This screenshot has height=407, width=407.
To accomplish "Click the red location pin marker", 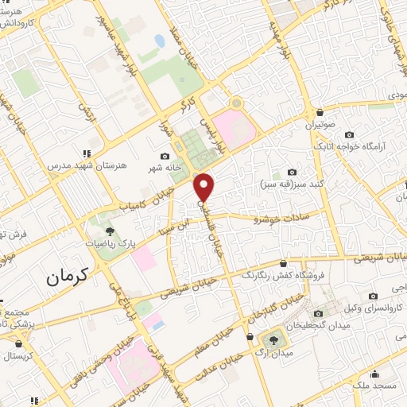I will [x=205, y=186].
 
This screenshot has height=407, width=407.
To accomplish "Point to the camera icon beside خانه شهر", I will [x=165, y=156].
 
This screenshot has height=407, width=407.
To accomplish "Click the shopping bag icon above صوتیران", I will [x=319, y=112].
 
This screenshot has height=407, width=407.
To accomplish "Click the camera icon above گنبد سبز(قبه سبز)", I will [x=292, y=172].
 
